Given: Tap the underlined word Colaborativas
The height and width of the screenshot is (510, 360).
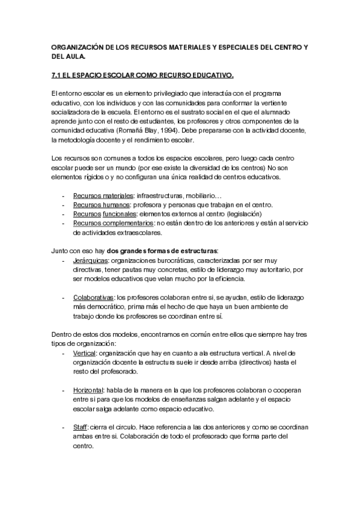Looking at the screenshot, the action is coord(93,297).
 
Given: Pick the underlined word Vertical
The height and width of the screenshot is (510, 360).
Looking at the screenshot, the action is coord(84,353).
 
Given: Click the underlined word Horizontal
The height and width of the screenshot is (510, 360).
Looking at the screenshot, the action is coord(88,390).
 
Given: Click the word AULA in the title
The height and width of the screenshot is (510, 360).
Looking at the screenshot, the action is coord(76,57).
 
